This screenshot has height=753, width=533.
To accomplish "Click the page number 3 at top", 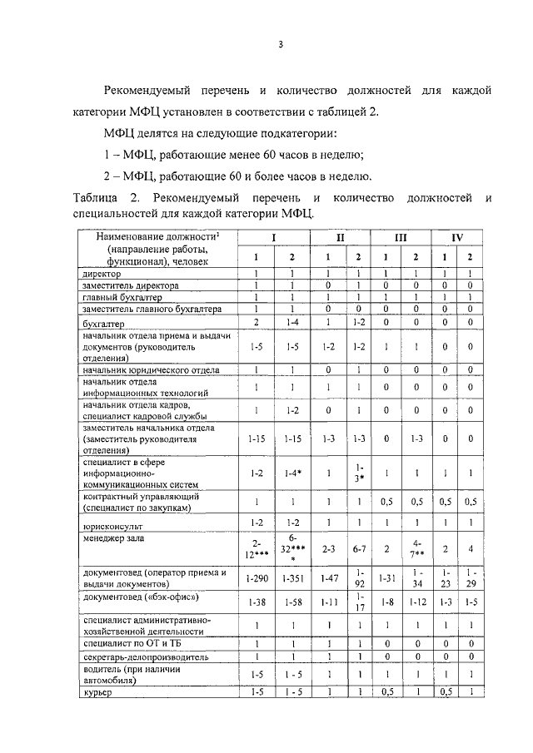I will pos(281,45).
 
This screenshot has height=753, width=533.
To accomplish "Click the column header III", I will pos(400,237).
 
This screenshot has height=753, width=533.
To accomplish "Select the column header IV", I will pos(456,237).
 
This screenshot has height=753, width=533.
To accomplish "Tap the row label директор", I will pos(102,274).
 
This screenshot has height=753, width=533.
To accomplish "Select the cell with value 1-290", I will pos(257,578).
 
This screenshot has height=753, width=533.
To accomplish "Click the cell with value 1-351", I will pos(291,578).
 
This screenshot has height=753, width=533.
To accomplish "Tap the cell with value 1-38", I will pos(257,602).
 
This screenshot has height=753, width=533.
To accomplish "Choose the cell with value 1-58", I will pos(291,602).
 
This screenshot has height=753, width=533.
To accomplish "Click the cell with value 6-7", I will pos(358,550).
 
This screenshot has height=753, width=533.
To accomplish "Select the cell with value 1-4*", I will pos(291,473).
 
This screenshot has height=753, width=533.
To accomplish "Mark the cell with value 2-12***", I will pos(257,550).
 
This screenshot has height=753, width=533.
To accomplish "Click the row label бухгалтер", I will pos(103,323).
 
